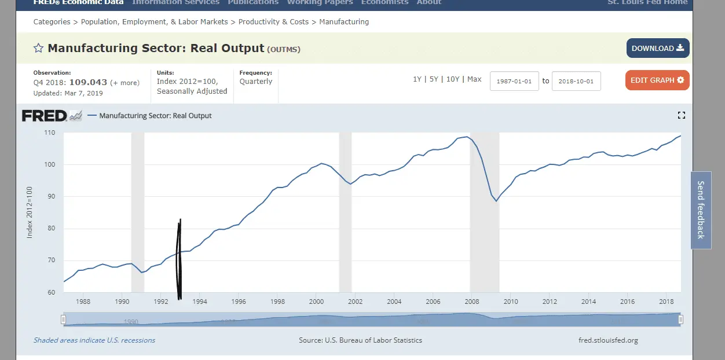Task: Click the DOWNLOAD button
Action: pos(657,49)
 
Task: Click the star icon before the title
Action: pos(38,48)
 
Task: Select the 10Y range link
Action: pos(453,79)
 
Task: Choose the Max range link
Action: pos(474,79)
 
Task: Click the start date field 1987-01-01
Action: pos(514,81)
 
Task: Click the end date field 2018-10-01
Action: pos(576,81)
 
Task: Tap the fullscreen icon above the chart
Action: pos(681,116)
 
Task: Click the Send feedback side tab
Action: pos(701,210)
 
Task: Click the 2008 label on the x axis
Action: pos(471,302)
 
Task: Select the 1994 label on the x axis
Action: pos(200,302)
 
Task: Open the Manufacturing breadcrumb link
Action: pos(344,22)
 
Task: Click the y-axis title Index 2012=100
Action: pos(30,212)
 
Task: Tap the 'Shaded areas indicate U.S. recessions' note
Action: pos(94,340)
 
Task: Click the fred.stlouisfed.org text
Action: pos(608,340)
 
